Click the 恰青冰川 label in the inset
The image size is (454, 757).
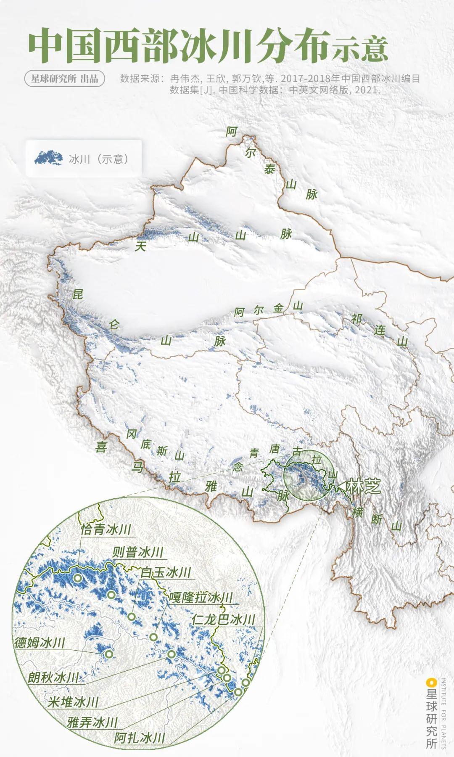click(106, 529)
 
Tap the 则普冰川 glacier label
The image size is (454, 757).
click(138, 552)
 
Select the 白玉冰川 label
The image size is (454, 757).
click(166, 572)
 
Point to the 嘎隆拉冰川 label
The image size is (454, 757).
click(201, 597)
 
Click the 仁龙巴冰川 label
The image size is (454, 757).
click(223, 619)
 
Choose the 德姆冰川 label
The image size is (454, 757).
click(40, 643)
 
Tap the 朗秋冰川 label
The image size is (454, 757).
click(53, 678)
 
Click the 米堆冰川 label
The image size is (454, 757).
click(73, 701)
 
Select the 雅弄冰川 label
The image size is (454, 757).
click(92, 723)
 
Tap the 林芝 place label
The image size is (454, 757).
click(364, 486)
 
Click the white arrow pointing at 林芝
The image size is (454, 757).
click(341, 486)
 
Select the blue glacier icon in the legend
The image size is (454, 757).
click(48, 158)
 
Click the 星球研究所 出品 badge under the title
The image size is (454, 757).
click(64, 79)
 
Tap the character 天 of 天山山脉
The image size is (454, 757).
click(140, 246)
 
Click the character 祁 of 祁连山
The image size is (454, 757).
click(356, 320)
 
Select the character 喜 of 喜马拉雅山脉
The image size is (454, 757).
click(101, 447)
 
